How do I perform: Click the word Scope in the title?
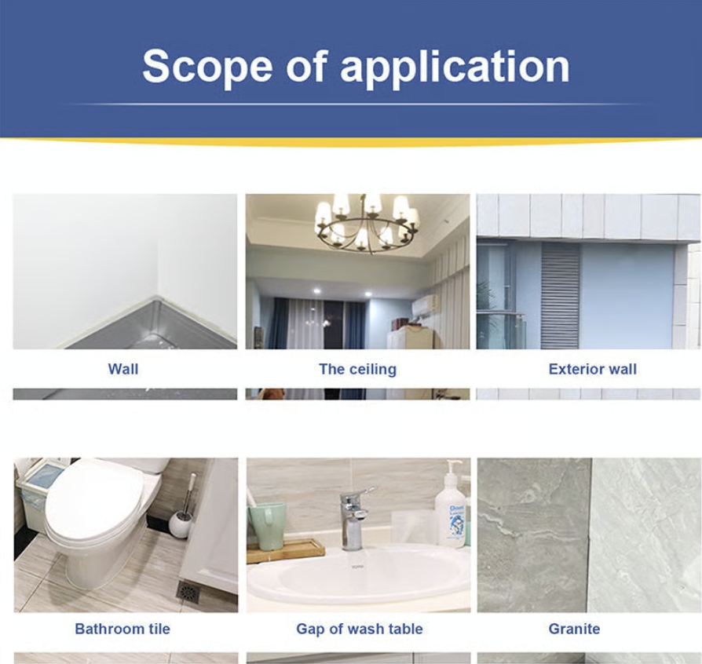207,67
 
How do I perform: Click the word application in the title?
455,67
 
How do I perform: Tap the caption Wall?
123,369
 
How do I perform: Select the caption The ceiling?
358,370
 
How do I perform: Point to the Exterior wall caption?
592,369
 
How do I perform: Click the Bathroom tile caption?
122,629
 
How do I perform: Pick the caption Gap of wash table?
360,629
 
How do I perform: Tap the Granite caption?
574,629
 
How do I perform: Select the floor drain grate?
188,592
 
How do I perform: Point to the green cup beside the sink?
267,525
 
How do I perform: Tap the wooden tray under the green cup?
286,550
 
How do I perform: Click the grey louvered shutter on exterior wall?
560,296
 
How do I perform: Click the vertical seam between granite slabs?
590,535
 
